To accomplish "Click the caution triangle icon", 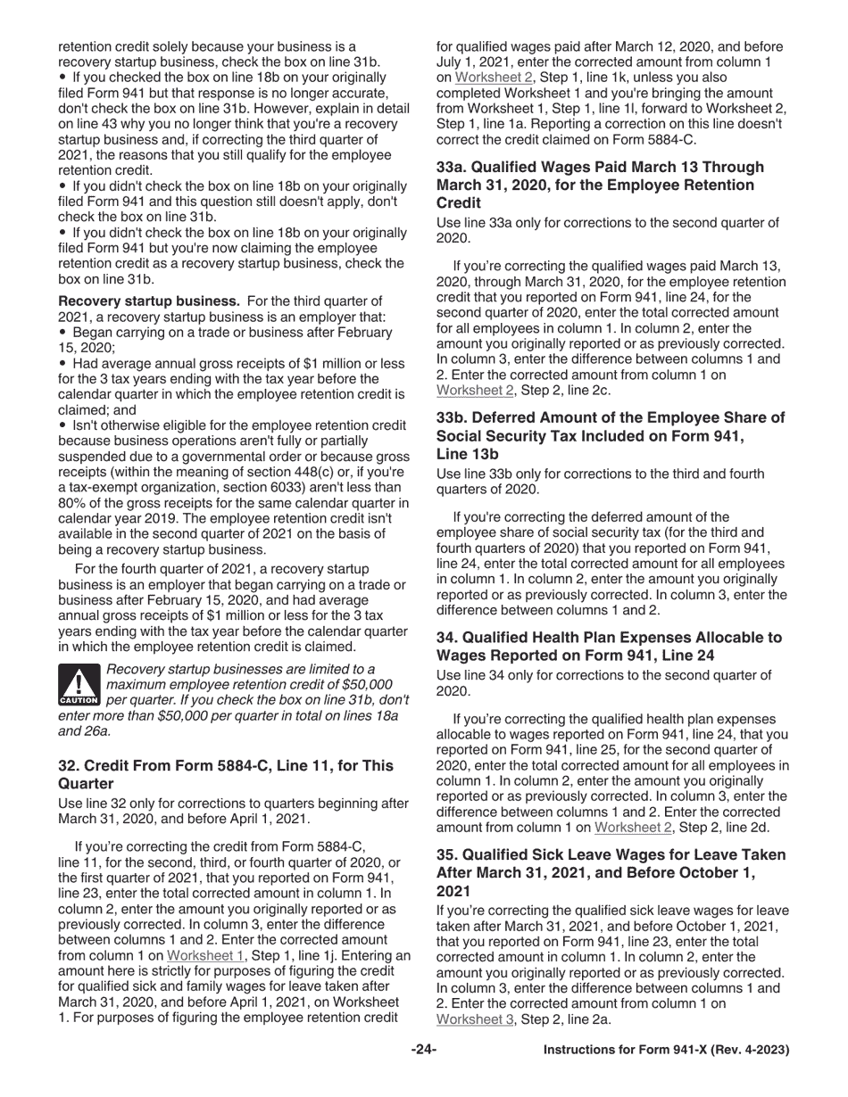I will pyautogui.click(x=79, y=685).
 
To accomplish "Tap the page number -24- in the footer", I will pyautogui.click(x=423, y=1050).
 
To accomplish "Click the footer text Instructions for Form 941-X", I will pyautogui.click(x=666, y=1050).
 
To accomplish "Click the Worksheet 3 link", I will pyautogui.click(x=475, y=1019).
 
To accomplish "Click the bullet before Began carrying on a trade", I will pyautogui.click(x=62, y=333).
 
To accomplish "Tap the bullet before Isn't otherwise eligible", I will pyautogui.click(x=62, y=425).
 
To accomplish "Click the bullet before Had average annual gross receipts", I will pyautogui.click(x=62, y=364).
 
